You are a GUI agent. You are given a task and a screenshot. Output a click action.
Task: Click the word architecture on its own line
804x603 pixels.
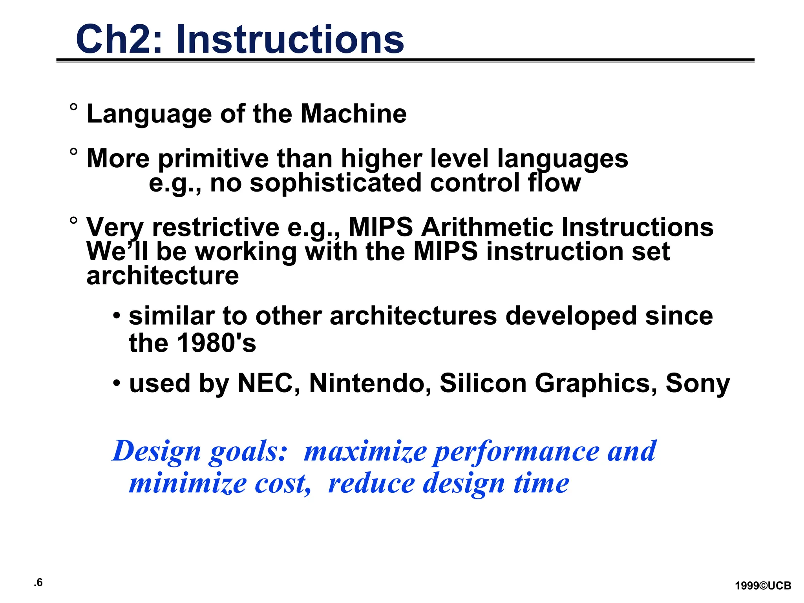[x=163, y=276]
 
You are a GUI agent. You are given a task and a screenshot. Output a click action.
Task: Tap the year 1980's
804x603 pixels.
[x=216, y=343]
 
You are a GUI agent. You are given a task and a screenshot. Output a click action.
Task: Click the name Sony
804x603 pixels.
[x=698, y=383]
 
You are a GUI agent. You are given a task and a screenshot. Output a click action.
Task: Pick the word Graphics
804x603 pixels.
[x=596, y=383]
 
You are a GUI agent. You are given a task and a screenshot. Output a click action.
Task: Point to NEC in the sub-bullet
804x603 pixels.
[x=265, y=383]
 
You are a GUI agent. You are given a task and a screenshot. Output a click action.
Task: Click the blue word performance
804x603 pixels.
[x=516, y=451]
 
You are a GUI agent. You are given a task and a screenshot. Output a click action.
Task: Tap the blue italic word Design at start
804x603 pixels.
[x=157, y=451]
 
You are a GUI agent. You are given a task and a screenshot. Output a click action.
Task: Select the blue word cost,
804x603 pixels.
[x=283, y=483]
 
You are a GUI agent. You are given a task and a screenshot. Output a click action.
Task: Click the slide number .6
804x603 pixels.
[x=38, y=583]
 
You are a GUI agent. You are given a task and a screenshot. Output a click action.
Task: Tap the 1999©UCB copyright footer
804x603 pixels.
[x=763, y=586]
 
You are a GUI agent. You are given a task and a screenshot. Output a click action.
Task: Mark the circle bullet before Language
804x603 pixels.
[x=73, y=107]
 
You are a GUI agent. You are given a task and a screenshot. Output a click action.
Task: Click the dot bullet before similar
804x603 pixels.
[x=117, y=316]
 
